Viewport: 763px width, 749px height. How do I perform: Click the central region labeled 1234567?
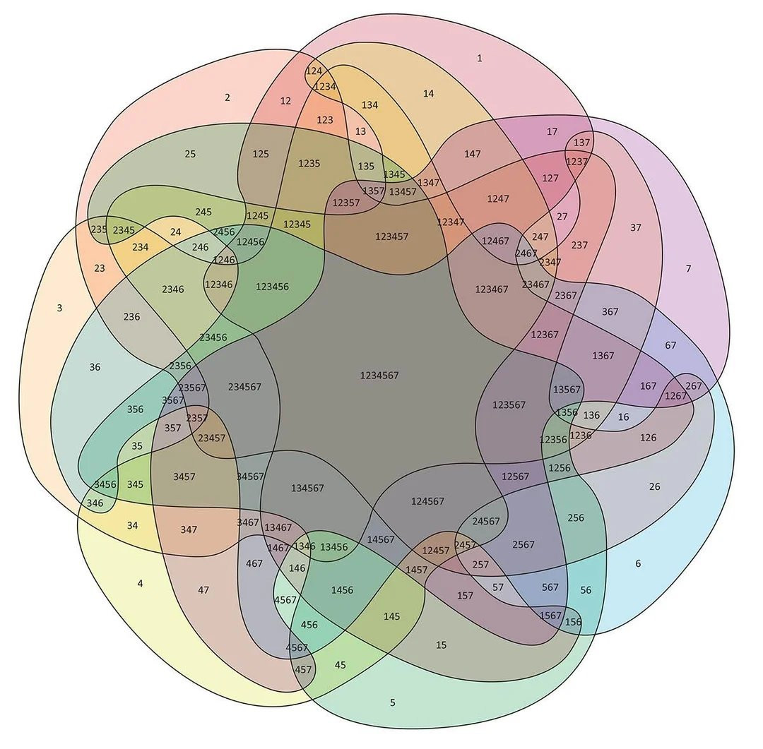click(379, 376)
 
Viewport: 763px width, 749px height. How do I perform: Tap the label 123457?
click(391, 236)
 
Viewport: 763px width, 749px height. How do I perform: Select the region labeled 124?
click(314, 71)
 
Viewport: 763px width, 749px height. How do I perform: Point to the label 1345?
click(394, 174)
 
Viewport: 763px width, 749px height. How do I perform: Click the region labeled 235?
click(99, 229)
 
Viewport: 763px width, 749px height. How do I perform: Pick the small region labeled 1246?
click(224, 260)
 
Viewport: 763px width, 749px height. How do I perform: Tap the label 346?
click(95, 503)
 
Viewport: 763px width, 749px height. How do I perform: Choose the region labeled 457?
click(303, 669)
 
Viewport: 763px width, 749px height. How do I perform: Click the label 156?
click(573, 621)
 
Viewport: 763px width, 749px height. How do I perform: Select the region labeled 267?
click(694, 385)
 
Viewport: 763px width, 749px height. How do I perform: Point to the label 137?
click(581, 143)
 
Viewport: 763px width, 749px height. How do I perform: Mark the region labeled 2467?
click(526, 253)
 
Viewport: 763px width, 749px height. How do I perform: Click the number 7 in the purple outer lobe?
click(688, 268)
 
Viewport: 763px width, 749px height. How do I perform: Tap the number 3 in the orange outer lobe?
click(59, 308)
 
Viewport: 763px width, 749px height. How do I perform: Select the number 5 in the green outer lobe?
click(393, 703)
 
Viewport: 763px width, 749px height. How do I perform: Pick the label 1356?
click(567, 412)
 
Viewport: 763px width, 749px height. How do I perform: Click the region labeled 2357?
click(196, 418)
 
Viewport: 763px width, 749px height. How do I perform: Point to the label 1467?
click(278, 548)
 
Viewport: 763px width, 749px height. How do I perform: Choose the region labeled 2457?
click(465, 545)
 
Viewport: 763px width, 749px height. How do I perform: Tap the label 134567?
click(307, 488)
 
